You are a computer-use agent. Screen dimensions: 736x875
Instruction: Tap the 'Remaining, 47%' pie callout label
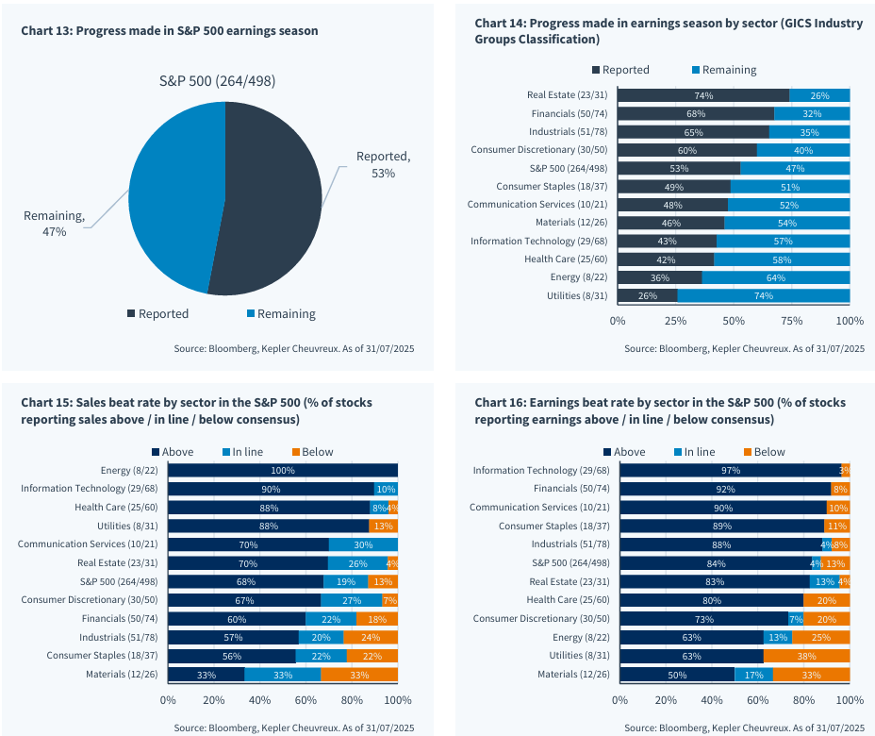click(x=54, y=224)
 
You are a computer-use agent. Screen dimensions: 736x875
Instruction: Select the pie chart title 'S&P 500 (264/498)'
click(x=217, y=81)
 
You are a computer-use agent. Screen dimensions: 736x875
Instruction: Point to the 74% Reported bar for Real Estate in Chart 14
click(x=703, y=95)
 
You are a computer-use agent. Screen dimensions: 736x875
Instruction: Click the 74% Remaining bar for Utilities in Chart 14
click(x=764, y=295)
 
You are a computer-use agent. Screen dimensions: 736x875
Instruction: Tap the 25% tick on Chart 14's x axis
click(x=676, y=322)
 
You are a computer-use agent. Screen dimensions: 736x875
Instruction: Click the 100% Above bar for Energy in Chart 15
click(x=283, y=470)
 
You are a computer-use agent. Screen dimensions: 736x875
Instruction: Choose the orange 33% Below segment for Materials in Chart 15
click(x=359, y=675)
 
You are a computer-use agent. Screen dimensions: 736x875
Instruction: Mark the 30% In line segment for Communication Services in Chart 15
click(x=363, y=544)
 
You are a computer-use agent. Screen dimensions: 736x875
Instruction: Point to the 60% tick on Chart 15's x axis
click(x=306, y=700)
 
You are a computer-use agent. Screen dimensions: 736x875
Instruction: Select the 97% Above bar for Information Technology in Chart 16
click(x=729, y=470)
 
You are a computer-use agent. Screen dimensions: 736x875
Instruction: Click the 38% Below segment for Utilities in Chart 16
click(x=806, y=656)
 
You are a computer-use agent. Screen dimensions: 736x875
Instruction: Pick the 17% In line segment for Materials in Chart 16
click(x=754, y=675)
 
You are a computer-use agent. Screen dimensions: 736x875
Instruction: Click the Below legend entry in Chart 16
click(x=764, y=452)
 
